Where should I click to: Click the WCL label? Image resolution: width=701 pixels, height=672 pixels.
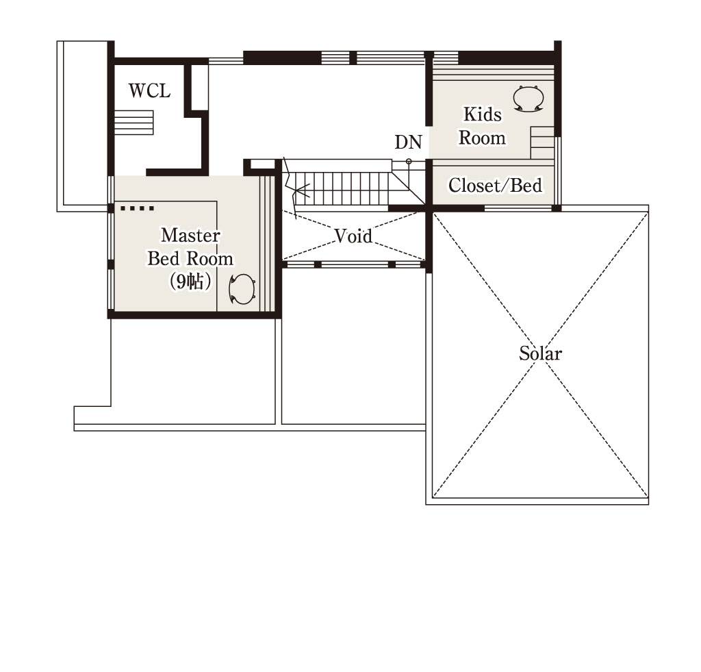[149, 91]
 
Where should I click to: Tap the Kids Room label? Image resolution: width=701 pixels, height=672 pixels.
[482, 126]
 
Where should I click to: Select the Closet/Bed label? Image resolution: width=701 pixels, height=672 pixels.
[495, 185]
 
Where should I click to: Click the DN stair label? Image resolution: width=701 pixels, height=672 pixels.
[408, 142]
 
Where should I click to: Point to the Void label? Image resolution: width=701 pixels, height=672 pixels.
[353, 236]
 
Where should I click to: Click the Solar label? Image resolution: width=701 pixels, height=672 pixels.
[540, 353]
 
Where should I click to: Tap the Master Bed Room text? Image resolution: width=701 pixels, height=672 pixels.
[190, 247]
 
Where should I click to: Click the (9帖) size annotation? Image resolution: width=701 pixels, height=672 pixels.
[190, 282]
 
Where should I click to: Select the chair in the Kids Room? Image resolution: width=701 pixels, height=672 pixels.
[528, 98]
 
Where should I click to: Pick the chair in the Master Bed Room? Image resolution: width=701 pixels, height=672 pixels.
[242, 290]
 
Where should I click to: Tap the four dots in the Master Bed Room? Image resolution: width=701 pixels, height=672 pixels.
[137, 208]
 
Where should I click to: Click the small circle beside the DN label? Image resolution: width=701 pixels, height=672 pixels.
[409, 162]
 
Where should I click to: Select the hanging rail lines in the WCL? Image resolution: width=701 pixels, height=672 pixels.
[134, 123]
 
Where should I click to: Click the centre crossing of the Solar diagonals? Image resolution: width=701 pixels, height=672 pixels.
[541, 355]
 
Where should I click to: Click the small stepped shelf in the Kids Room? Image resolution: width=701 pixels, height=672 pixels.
[542, 142]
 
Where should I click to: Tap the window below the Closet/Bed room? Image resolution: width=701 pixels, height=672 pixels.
[518, 208]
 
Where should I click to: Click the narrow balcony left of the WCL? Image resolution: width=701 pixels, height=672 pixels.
[82, 126]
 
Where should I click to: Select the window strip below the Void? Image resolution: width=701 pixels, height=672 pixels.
[355, 264]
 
